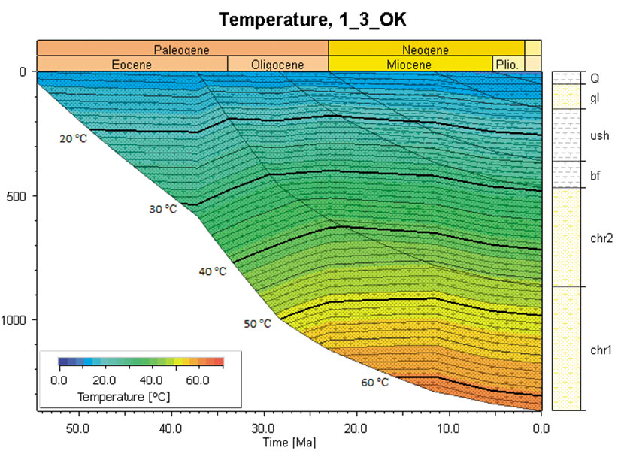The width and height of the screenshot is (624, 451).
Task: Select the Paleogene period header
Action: click(x=181, y=50)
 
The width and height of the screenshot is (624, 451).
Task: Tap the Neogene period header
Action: click(x=426, y=50)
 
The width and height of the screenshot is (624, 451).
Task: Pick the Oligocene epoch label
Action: click(x=277, y=65)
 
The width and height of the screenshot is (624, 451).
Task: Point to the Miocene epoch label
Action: click(x=410, y=65)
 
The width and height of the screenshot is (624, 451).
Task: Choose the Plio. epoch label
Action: click(x=507, y=65)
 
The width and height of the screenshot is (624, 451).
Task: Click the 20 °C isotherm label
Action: click(x=74, y=138)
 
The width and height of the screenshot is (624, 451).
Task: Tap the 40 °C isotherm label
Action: click(x=212, y=271)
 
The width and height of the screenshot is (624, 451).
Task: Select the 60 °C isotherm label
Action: click(x=374, y=383)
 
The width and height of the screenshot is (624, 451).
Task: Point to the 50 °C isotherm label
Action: click(x=257, y=324)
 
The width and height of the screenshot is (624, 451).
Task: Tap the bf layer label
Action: click(x=595, y=175)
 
